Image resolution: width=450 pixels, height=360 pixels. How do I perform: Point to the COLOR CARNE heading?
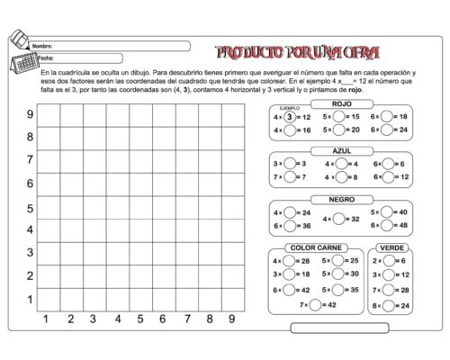314,247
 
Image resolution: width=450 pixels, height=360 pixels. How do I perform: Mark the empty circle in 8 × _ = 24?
389,305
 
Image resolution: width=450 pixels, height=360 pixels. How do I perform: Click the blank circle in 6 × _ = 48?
389,225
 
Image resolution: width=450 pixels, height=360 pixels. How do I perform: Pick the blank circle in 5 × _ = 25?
338,261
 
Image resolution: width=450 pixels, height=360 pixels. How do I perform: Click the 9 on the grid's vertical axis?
30,114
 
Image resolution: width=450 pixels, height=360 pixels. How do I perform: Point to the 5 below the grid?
139,319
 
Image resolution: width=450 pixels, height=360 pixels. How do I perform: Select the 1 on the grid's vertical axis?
30,299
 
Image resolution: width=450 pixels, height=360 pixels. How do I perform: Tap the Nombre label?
42,45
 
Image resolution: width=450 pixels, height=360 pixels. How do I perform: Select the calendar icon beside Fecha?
22,60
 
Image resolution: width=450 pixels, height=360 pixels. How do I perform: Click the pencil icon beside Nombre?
18,40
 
